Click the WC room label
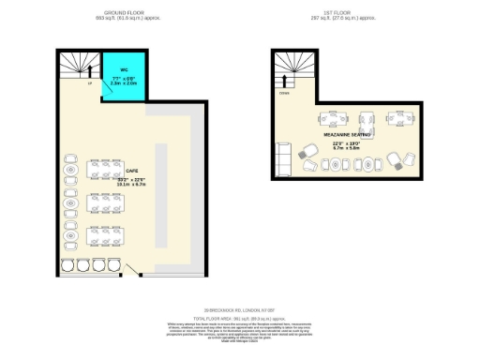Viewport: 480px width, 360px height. coord(123,70)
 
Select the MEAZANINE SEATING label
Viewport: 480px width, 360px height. coord(348,135)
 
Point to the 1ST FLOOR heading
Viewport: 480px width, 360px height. coord(347,13)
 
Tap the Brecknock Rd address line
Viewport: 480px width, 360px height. coord(239,310)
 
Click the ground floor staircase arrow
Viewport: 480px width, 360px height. coord(90,69)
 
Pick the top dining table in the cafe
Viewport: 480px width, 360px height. coord(102,170)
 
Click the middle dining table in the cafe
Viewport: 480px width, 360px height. coord(102,202)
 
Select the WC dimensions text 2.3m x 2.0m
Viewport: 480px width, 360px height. coord(123,83)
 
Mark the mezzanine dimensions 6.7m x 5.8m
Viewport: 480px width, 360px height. coord(348,148)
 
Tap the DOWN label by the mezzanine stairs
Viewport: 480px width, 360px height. coord(283,94)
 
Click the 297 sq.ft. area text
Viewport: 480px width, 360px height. coord(330,19)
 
